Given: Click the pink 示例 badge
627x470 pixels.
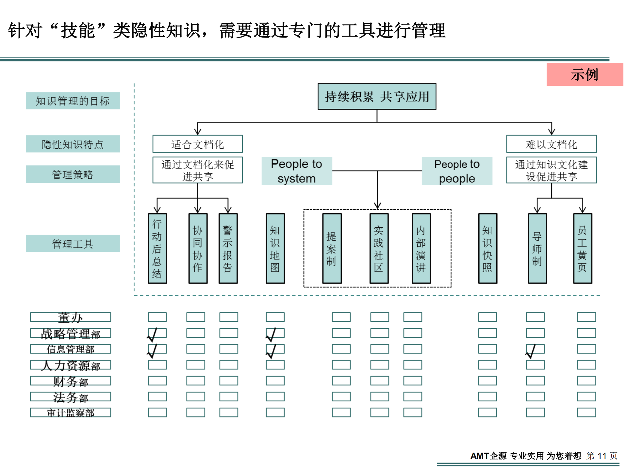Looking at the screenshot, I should coord(585,74).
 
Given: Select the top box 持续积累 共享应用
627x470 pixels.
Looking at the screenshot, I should coord(377,96).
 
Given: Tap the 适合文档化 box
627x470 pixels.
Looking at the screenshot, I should coord(197,144).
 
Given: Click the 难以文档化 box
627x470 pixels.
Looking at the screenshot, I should coord(551,144).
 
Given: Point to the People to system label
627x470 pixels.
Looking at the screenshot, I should coord(297,171).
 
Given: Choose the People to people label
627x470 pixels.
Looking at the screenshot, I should coord(457,171).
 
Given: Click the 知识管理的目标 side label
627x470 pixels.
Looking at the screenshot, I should coord(73,101).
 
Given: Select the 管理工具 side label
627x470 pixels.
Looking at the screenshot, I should coord(73,244).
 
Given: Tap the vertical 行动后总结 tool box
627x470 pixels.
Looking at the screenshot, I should coord(157,249).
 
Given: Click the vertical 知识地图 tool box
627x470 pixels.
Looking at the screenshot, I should coord(275,249).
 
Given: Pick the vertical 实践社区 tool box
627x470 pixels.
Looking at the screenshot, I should coord(379,249).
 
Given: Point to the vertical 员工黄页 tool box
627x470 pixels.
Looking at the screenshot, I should coord(583,249).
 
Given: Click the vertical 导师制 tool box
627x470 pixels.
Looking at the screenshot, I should coord(537,249).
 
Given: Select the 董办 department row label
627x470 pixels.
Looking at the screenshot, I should coord(70,317).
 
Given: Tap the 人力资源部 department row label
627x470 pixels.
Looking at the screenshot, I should coord(70,365).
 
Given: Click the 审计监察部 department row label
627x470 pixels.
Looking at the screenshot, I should coord(70,413).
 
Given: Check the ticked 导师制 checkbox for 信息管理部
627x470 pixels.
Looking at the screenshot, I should coord(535,349).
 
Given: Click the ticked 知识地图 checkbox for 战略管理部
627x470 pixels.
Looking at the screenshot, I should coord(275,333).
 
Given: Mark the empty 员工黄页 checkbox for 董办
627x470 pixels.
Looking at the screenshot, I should coord(586,317).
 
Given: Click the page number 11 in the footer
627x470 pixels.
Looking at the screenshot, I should coord(602,456).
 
